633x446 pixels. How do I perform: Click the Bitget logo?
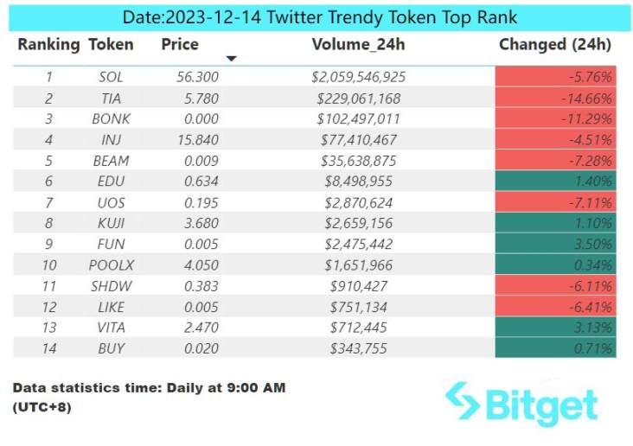tap(521, 404)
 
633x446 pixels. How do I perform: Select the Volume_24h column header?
tap(358, 45)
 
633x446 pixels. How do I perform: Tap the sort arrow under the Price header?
tap(231, 59)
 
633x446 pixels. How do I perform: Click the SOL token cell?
tap(111, 77)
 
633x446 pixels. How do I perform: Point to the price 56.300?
tap(198, 77)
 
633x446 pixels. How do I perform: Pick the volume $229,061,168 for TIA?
tap(359, 98)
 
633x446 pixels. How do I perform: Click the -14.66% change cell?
tap(555, 98)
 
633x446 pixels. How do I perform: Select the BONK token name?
tap(111, 118)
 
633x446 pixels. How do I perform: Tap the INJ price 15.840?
tap(198, 140)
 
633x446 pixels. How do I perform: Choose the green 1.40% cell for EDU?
tap(555, 181)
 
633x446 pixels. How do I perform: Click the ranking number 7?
tap(48, 202)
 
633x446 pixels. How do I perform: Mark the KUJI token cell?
tap(111, 223)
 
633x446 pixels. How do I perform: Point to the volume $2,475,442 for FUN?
tap(359, 244)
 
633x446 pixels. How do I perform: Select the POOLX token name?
tap(111, 264)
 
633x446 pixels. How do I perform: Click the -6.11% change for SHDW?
tap(555, 286)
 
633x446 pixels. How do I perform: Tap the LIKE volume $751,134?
tap(359, 307)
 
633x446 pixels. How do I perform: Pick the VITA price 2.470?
tap(201, 328)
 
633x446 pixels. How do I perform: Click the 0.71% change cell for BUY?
tap(555, 348)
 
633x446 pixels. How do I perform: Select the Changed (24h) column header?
tap(555, 45)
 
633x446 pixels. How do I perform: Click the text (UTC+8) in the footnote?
tap(42, 407)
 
